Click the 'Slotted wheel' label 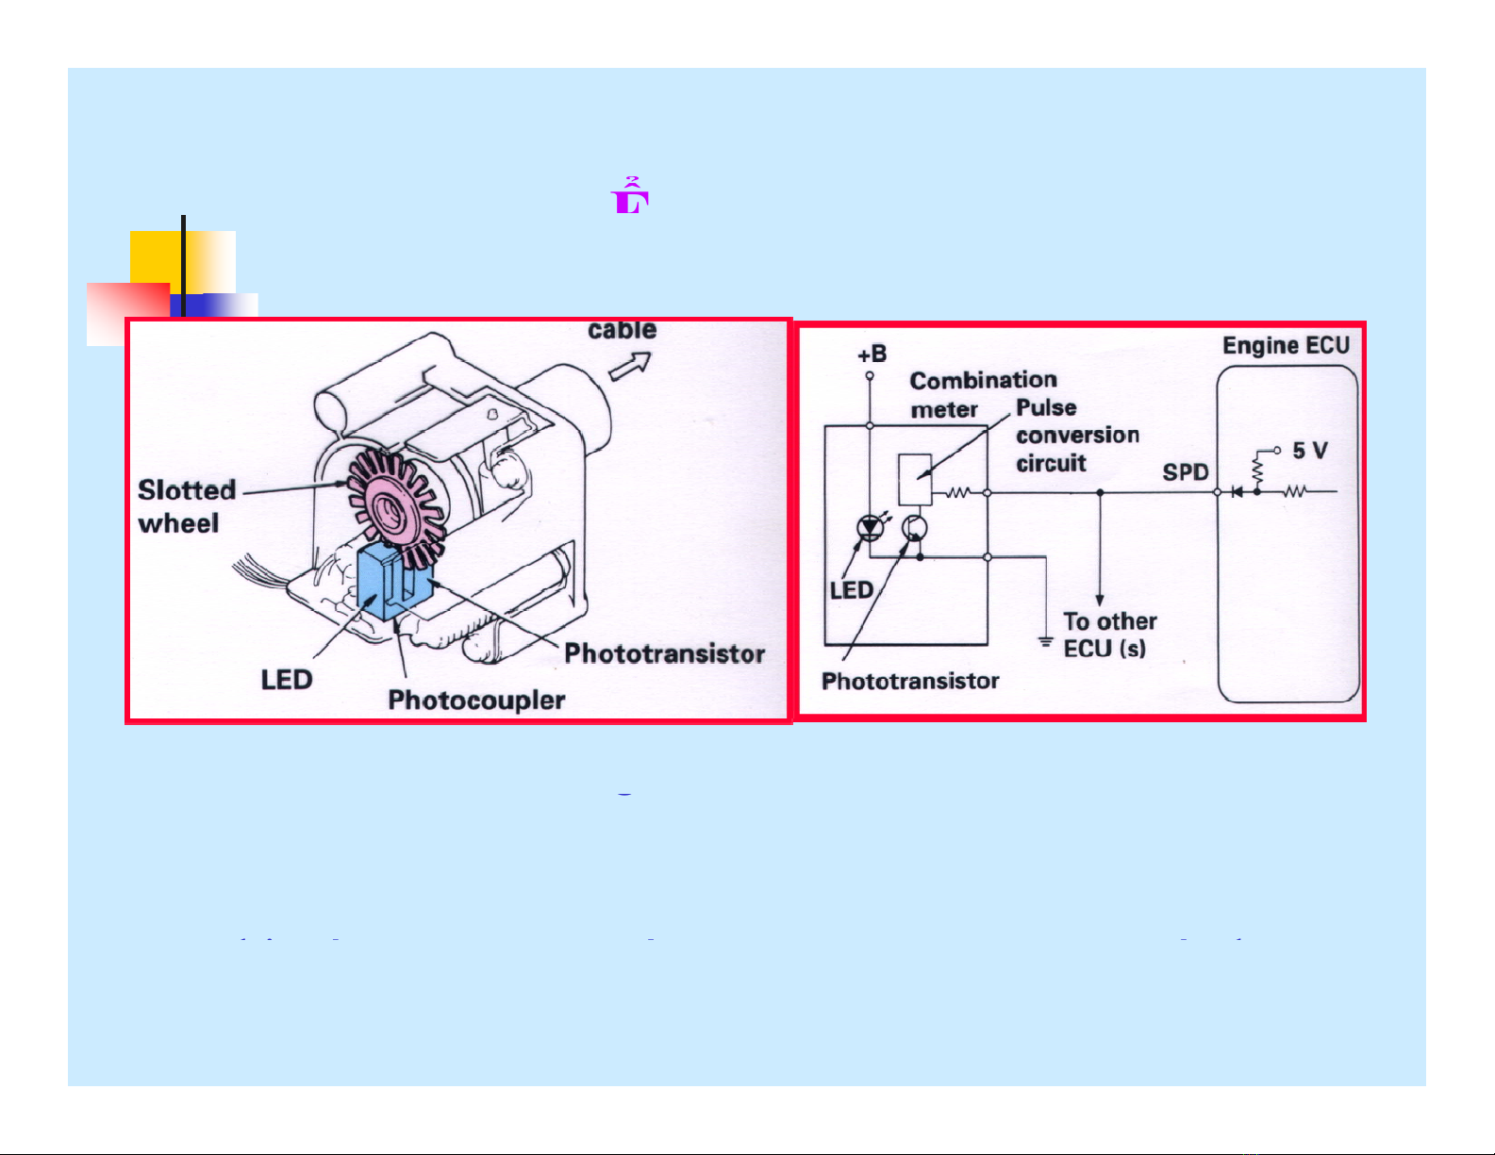point(186,506)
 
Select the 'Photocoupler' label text point(476,700)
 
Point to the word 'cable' point(622,330)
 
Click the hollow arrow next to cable point(630,366)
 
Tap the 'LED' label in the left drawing point(286,680)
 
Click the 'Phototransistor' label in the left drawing point(664,653)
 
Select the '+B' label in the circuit point(872,355)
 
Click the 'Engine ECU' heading point(1286,346)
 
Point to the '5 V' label point(1309,452)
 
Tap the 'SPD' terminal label point(1185,472)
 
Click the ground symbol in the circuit point(1045,642)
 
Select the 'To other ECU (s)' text point(1108,635)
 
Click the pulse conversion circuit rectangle point(915,479)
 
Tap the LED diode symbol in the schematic point(869,528)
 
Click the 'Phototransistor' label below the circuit point(909,681)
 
